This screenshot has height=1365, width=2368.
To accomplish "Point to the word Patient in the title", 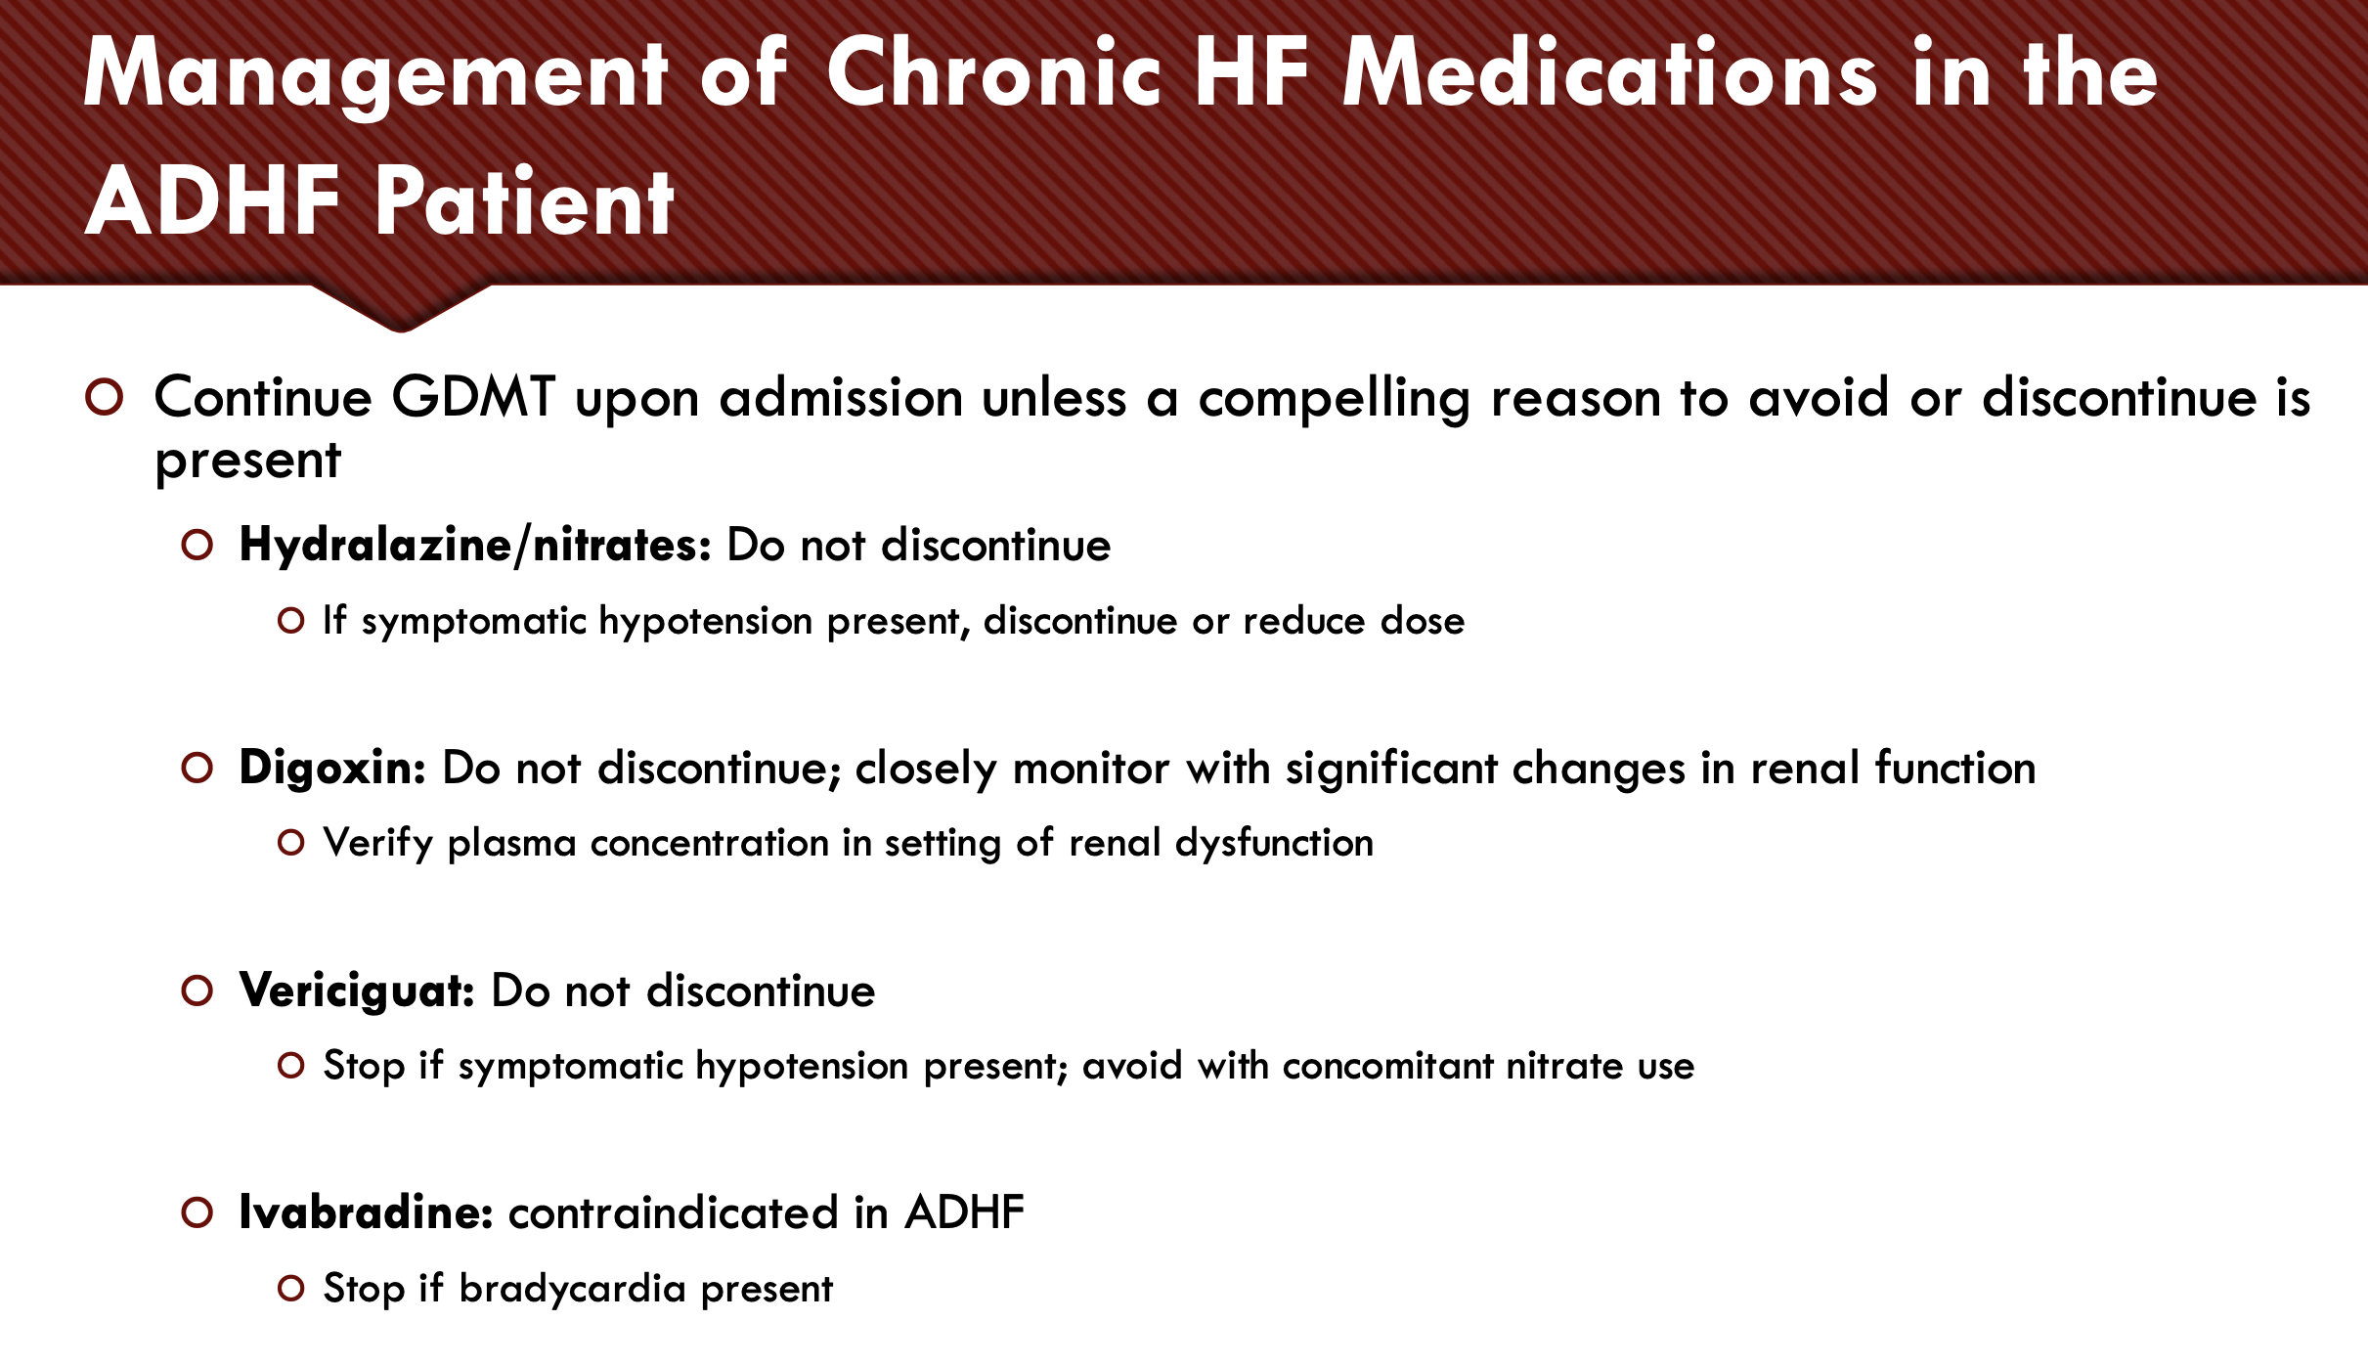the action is [524, 200].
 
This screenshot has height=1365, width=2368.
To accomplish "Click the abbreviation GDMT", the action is [473, 397].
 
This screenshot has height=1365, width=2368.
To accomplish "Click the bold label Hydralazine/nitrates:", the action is [475, 545].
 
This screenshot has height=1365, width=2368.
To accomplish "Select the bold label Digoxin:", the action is [332, 769].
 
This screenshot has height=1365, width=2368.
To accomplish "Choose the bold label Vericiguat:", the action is [357, 991].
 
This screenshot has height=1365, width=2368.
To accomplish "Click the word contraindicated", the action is [674, 1212].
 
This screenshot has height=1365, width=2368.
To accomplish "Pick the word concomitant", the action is [1388, 1066].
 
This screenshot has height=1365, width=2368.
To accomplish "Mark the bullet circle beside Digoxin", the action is [197, 768].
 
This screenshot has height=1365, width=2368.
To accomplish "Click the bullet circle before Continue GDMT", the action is [104, 397].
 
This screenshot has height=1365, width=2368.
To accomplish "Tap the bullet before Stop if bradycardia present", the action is [290, 1289].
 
